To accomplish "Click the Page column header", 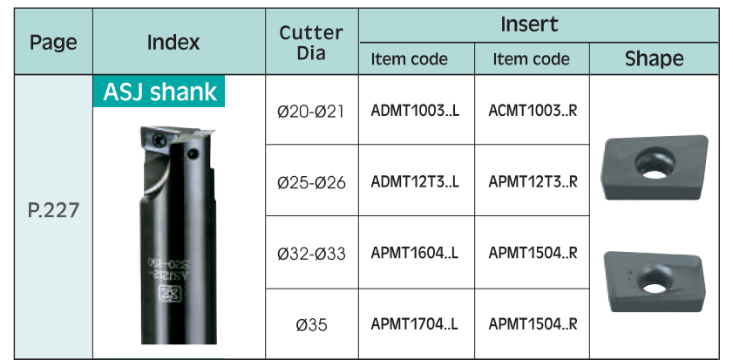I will coord(53,43).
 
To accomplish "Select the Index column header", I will coord(173,43).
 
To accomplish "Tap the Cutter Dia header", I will coord(311,43).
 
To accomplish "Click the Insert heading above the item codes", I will coord(529,24).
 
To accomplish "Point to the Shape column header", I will coord(654,59).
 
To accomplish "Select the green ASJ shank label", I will coord(160,92).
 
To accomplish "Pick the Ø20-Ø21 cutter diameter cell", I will coord(311,112).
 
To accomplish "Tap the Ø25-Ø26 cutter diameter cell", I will coord(311,183).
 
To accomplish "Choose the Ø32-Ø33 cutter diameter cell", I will coord(311,254).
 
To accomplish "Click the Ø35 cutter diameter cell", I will coord(311,324).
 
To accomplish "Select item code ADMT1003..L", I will coord(415,112).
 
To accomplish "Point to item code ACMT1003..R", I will coord(533,112).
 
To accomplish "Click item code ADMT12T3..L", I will coord(415,182).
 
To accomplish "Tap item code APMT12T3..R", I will coord(533,182).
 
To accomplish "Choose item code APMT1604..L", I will coord(415,253).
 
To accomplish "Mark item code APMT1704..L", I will coord(415,323).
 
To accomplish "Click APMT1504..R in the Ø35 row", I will coord(533,323).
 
